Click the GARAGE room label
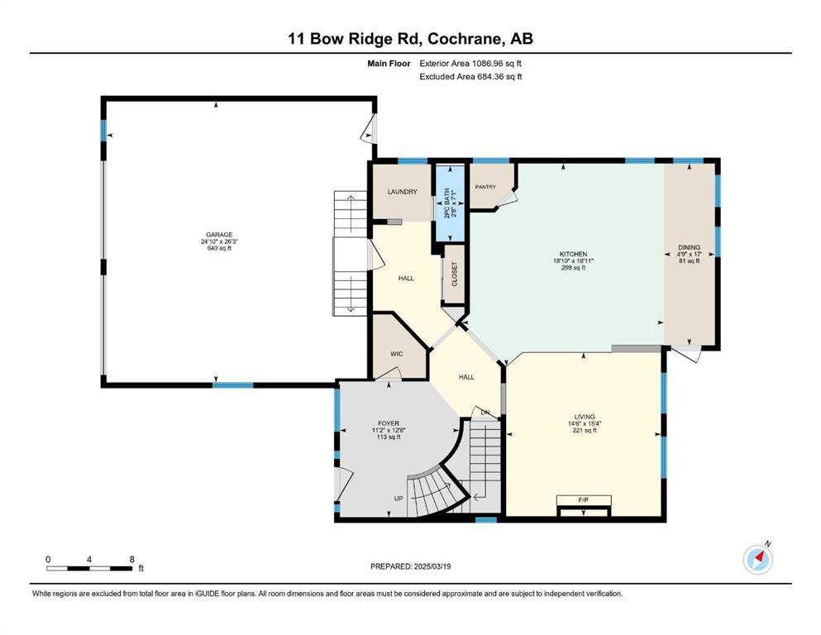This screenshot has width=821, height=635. [219, 235]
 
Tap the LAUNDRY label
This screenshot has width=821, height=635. [402, 192]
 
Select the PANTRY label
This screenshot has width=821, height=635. [485, 187]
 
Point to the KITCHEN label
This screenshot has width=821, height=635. [573, 254]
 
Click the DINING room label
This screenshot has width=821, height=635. [689, 247]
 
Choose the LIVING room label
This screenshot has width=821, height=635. [585, 417]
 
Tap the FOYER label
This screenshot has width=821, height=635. [389, 423]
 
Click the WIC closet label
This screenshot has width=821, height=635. [397, 354]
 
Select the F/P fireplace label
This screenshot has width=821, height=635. [584, 500]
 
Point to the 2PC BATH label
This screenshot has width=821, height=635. [447, 203]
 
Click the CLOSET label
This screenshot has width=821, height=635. [455, 274]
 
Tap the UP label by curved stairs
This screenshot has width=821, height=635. [399, 499]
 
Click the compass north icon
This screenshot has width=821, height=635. [758, 560]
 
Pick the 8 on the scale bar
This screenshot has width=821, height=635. [132, 559]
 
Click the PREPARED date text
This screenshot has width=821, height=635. [410, 566]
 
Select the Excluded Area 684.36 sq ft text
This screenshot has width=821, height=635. [470, 76]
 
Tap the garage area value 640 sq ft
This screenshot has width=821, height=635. [219, 248]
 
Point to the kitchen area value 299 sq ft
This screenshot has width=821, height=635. [573, 268]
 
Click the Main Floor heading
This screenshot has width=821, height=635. [389, 64]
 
